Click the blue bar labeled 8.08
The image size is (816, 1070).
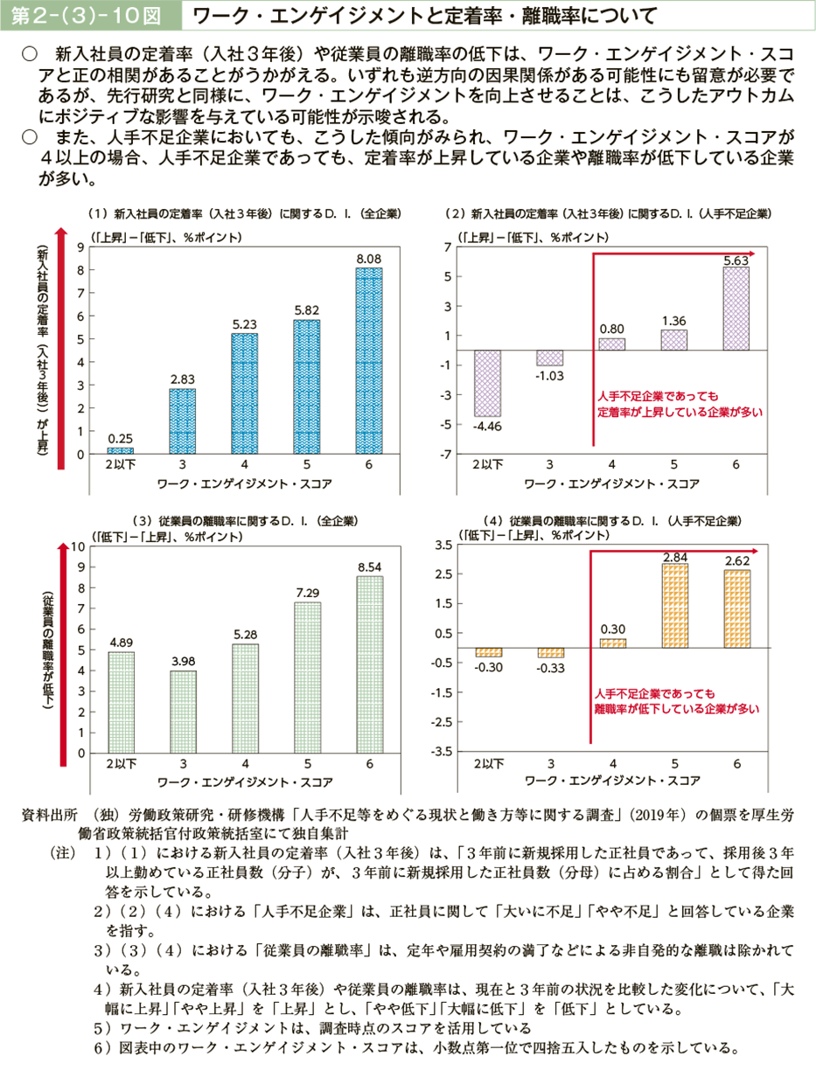coord(369,360)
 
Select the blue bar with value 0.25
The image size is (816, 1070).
coord(120,450)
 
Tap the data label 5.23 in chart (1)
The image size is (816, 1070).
coord(245,323)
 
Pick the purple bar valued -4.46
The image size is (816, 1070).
coord(487,383)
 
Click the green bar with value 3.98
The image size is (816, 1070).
coord(183,712)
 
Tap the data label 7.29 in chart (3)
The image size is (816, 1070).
coord(307,593)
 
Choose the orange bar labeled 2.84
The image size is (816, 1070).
coord(674,605)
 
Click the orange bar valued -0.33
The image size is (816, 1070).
coord(550,652)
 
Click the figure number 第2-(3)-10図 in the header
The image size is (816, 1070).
coord(85,15)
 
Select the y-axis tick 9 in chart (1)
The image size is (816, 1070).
coord(81,247)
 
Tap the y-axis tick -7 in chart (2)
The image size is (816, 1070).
coord(446,454)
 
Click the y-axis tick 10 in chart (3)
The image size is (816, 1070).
coord(79,546)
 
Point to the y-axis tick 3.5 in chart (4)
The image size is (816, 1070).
coord(443,545)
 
